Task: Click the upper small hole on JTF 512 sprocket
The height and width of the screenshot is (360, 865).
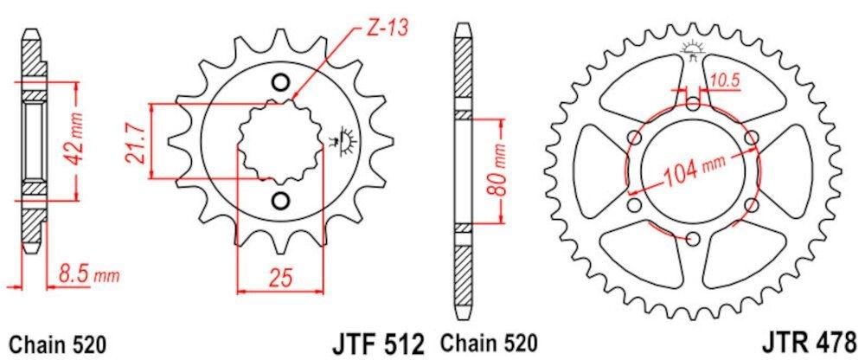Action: (x=279, y=83)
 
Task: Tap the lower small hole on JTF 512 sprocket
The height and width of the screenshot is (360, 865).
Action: (x=279, y=201)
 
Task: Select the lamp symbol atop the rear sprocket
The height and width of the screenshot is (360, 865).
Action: (x=692, y=48)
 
